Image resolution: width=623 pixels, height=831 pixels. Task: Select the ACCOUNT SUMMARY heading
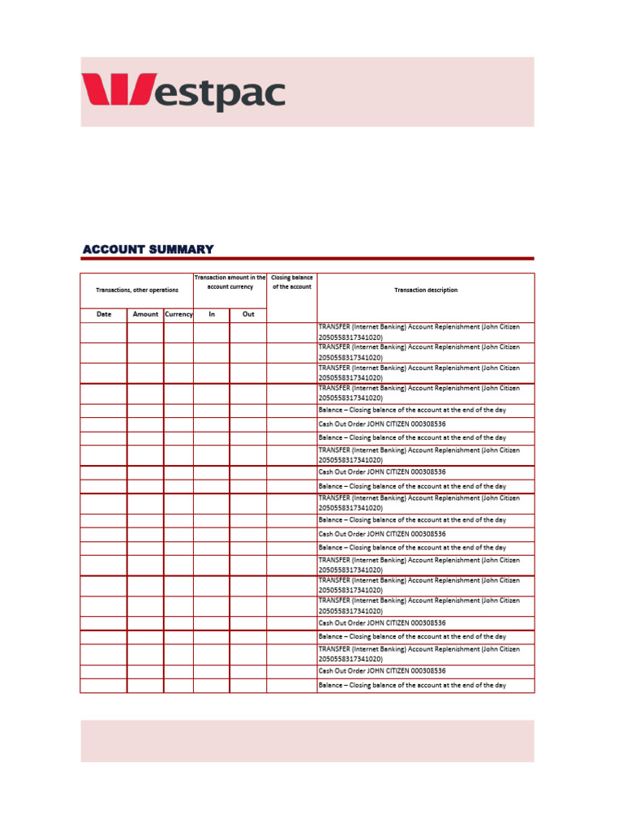point(148,249)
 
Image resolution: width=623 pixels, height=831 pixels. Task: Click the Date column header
point(104,314)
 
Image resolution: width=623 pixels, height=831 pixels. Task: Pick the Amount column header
point(145,314)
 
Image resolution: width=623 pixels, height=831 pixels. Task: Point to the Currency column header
point(178,314)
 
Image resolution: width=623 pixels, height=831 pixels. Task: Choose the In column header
point(212,314)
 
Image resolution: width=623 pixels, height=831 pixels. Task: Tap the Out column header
point(248,314)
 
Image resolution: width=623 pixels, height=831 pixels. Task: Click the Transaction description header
point(425,290)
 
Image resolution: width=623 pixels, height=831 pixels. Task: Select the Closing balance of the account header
point(291,282)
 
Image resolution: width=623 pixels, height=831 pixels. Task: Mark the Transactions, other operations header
point(136,290)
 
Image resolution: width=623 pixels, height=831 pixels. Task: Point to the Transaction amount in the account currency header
point(230,282)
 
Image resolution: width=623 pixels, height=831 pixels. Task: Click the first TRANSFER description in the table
point(419,331)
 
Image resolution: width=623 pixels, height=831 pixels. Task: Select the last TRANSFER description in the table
point(419,654)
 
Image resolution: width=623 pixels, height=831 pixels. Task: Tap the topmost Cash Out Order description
point(382,424)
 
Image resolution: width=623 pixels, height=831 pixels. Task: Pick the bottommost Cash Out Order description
point(382,671)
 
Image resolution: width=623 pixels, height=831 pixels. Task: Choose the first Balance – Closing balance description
point(412,410)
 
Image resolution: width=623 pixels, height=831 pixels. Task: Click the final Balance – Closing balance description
point(412,686)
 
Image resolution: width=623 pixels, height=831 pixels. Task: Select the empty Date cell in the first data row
point(104,332)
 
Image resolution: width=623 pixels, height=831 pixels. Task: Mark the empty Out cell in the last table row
point(248,686)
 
